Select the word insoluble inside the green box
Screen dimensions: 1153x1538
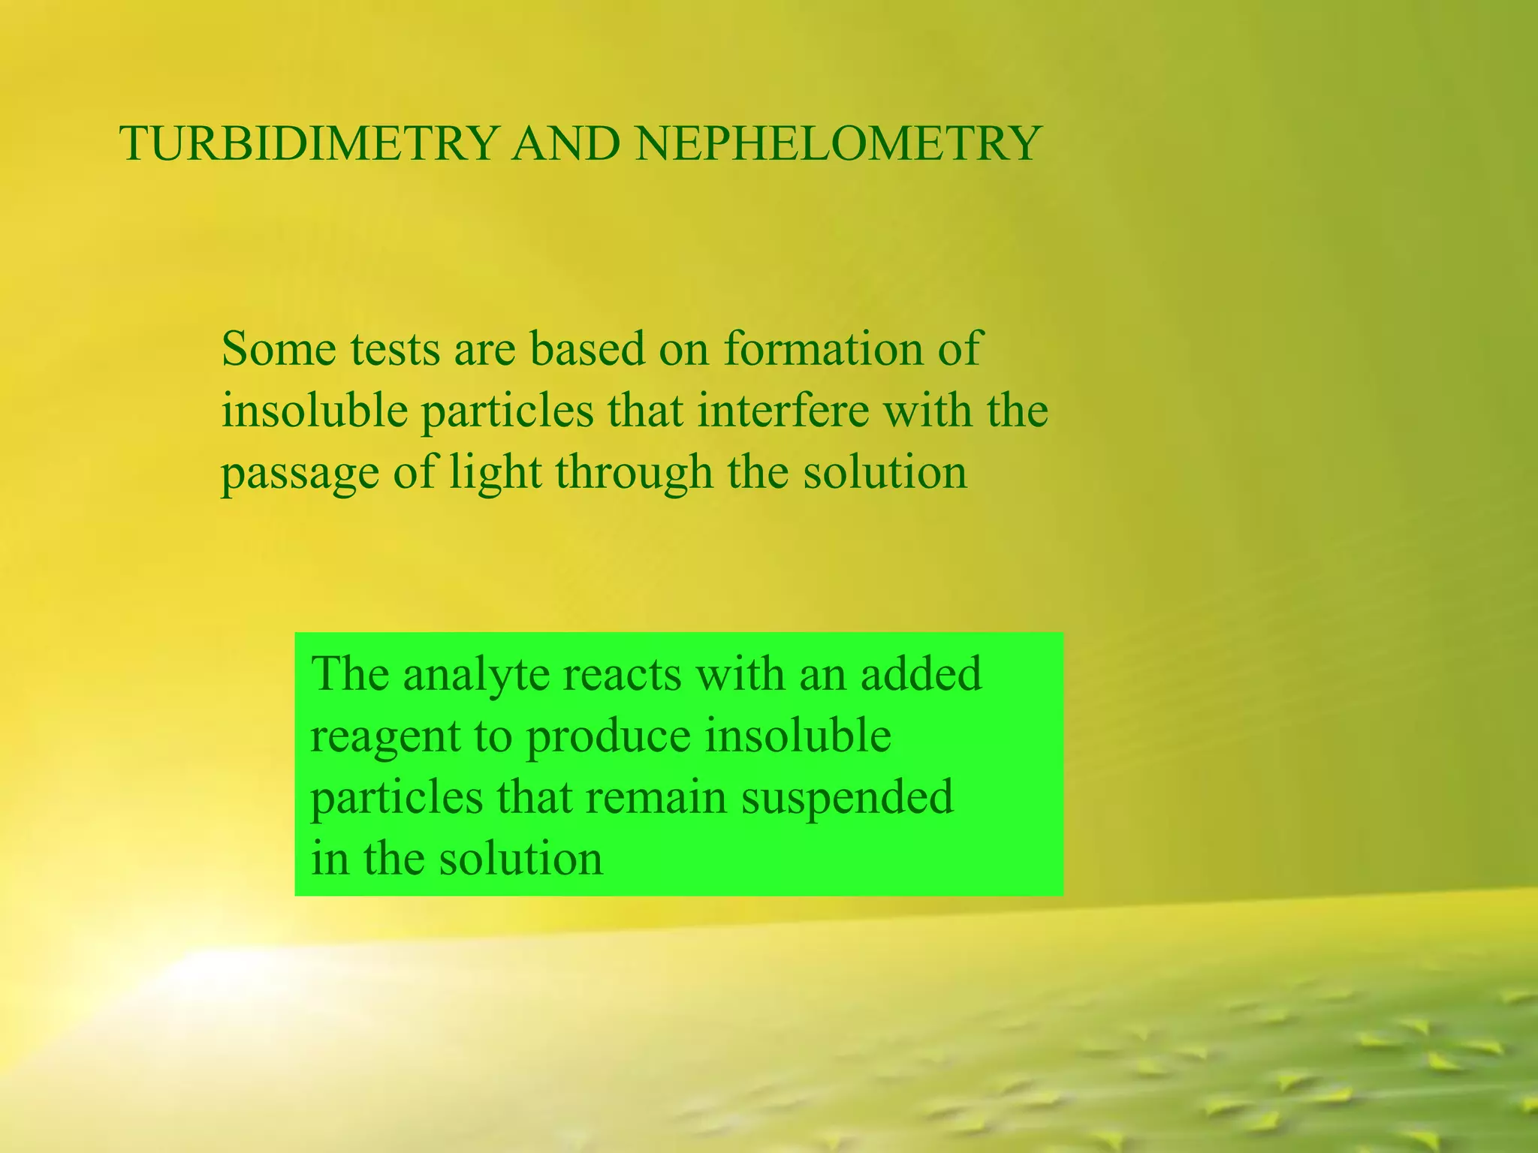pyautogui.click(x=798, y=736)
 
